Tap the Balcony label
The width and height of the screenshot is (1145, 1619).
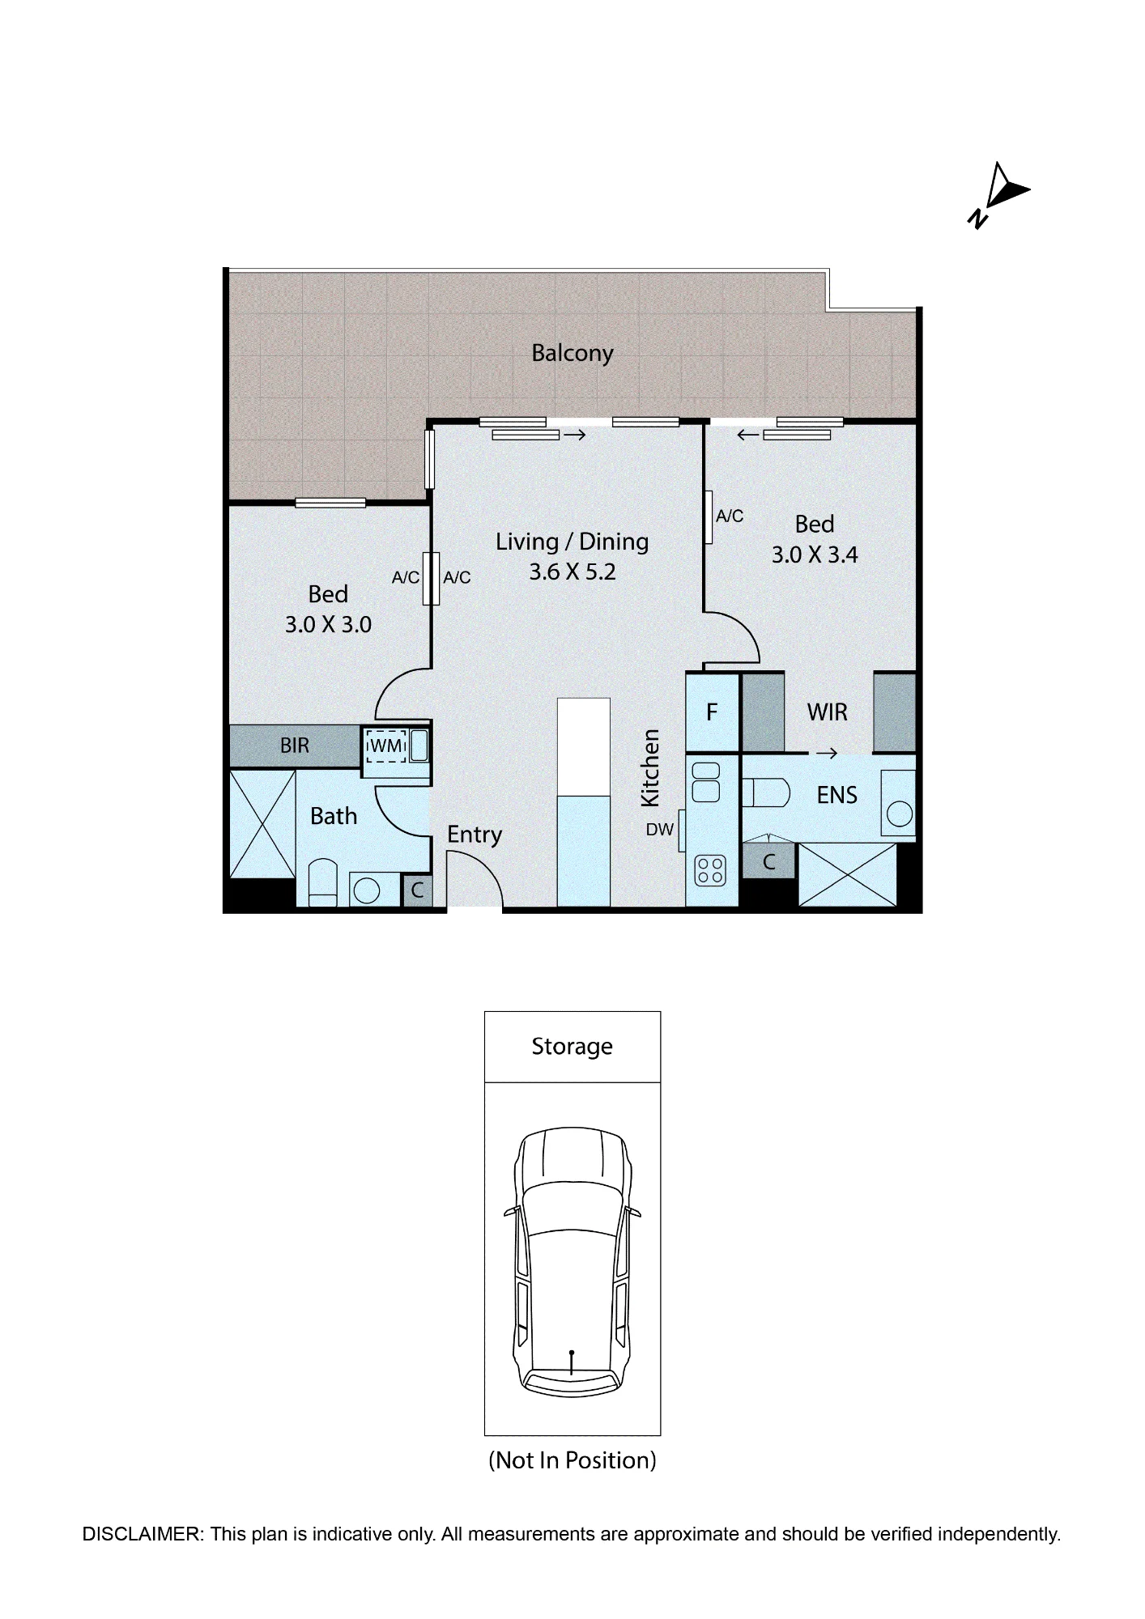572,353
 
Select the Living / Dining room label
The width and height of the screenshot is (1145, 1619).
572,542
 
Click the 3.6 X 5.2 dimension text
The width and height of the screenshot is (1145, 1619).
572,572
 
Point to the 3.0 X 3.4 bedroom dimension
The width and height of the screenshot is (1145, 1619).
815,555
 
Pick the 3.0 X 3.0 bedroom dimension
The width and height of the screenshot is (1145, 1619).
328,625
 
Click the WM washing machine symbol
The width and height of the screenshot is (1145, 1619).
386,746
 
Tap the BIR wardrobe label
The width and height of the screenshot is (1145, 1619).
295,746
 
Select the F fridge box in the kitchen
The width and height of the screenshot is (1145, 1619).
713,712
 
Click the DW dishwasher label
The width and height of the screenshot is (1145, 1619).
660,830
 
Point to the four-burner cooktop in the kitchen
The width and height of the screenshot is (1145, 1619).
711,870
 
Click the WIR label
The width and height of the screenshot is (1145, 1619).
828,712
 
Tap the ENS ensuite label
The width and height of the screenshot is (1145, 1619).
836,796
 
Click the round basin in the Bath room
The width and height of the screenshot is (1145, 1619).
368,891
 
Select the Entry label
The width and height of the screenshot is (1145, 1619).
475,835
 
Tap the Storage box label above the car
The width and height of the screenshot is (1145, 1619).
572,1047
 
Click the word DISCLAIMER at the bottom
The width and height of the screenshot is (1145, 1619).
143,1534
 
